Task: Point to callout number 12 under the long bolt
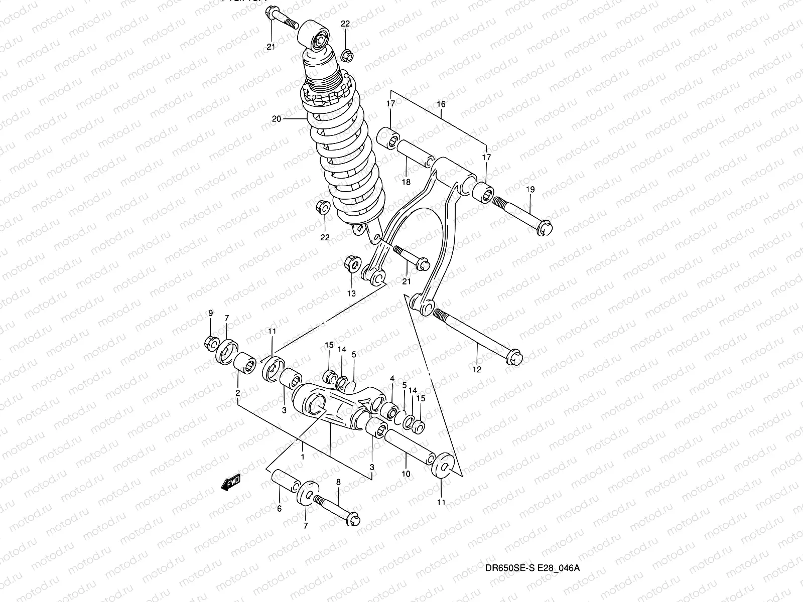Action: (477, 370)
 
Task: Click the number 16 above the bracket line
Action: (441, 104)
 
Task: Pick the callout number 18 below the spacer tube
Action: (406, 182)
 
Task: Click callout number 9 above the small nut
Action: (211, 313)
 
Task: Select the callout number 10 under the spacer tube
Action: (406, 474)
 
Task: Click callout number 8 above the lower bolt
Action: (338, 482)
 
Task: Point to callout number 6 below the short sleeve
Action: (279, 509)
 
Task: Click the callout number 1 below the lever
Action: (303, 457)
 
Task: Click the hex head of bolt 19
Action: (545, 228)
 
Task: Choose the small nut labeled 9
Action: (210, 343)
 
